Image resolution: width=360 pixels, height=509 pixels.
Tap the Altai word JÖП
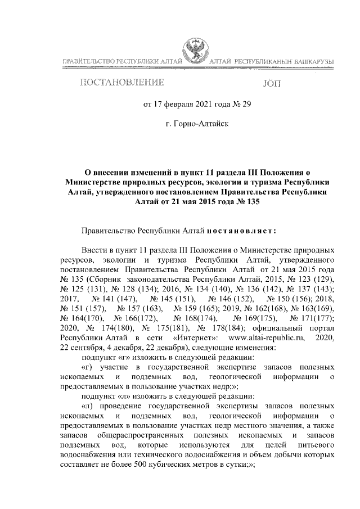point(274,84)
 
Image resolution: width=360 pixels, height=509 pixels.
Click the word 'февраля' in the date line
point(179,104)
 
